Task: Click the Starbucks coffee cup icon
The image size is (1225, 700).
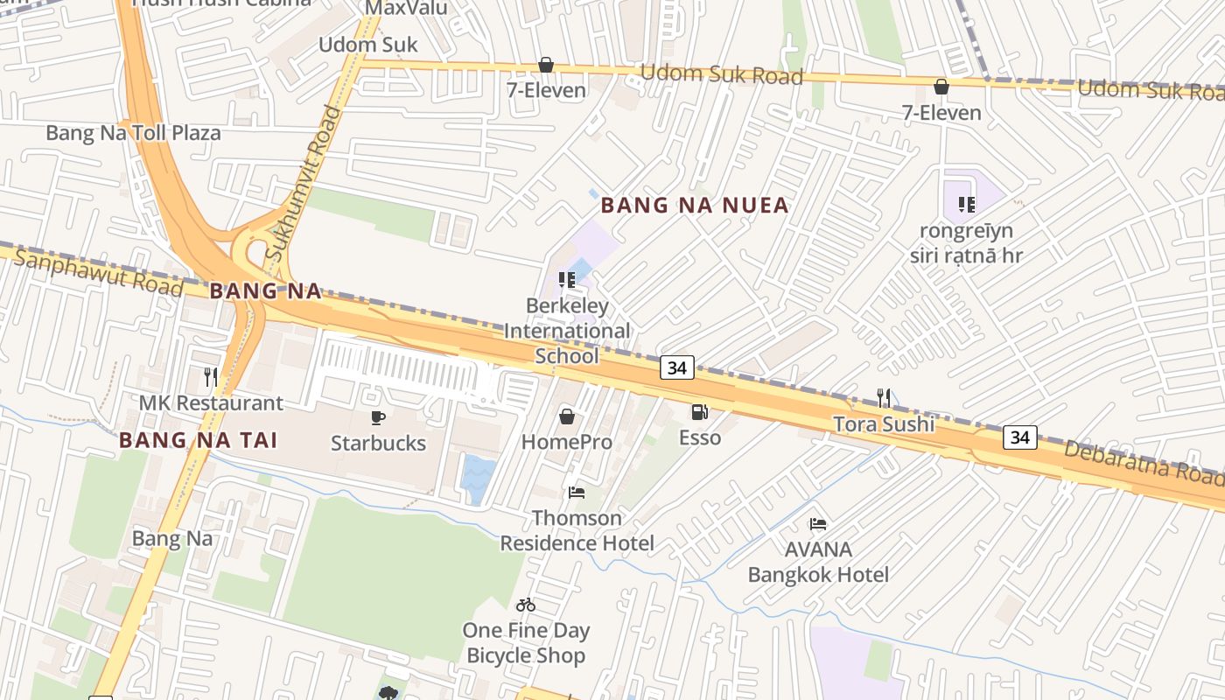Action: (x=378, y=417)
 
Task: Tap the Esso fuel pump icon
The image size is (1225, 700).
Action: (x=699, y=411)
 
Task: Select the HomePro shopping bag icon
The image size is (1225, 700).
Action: (x=567, y=416)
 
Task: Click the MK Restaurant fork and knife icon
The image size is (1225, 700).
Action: (x=211, y=377)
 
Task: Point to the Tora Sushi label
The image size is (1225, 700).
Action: (x=883, y=424)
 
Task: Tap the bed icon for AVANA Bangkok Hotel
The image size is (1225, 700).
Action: (x=818, y=524)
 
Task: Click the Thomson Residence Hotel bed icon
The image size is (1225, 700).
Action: (x=577, y=493)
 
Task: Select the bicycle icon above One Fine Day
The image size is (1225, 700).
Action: (x=526, y=605)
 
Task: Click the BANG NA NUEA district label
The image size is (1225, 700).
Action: (x=695, y=206)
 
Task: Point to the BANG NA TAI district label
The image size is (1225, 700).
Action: (x=199, y=440)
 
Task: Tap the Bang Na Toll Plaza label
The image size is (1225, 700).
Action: (x=133, y=133)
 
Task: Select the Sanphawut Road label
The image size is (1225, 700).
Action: (x=98, y=272)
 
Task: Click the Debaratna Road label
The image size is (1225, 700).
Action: (x=1142, y=462)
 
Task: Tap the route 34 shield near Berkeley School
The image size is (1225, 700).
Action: (x=676, y=367)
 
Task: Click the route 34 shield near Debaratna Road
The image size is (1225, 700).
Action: (x=1019, y=437)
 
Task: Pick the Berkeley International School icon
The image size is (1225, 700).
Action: (x=567, y=280)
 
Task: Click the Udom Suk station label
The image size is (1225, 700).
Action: (x=367, y=45)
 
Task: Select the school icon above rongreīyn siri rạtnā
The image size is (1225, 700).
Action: (x=966, y=205)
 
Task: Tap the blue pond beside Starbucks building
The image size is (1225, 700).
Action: (x=478, y=478)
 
